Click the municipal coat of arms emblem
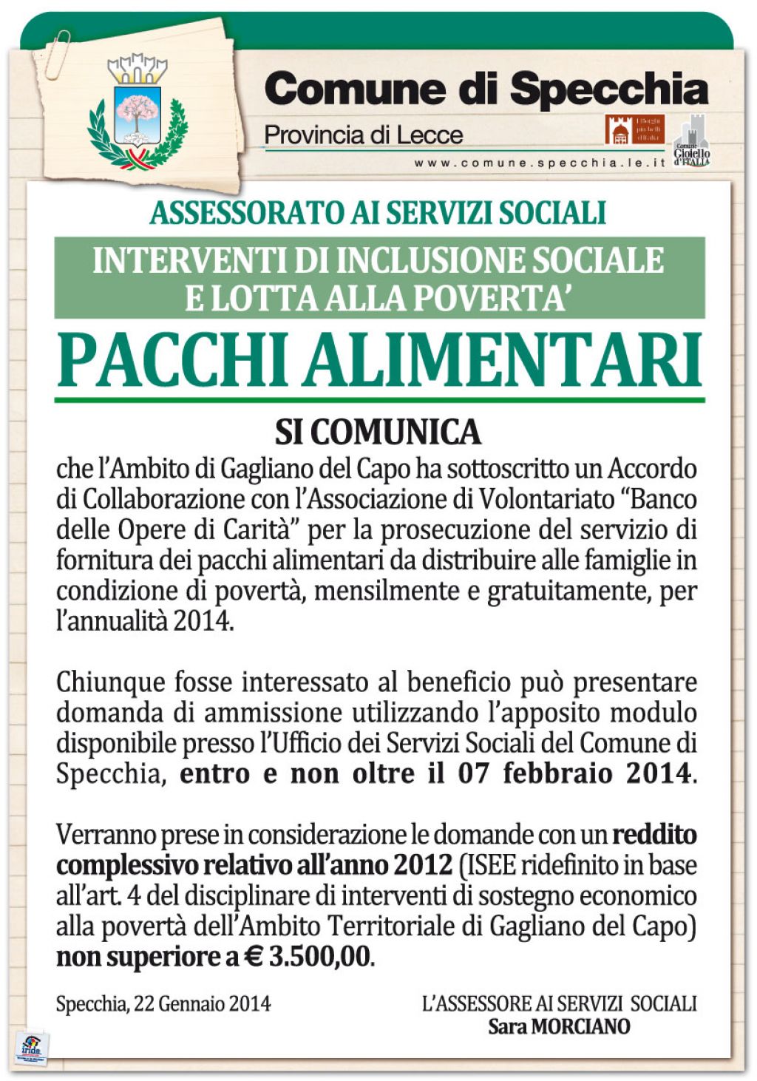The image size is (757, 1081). (137, 111)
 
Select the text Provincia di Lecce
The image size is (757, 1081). (363, 135)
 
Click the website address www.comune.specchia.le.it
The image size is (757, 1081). (540, 163)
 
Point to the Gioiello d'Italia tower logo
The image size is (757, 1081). (692, 140)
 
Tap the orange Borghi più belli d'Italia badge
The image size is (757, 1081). (634, 129)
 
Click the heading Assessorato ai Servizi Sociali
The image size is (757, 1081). (378, 213)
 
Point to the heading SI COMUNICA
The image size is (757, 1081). (378, 433)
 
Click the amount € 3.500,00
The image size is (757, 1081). (308, 957)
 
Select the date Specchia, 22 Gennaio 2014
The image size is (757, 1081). (163, 1004)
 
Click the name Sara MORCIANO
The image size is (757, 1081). (559, 1026)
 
